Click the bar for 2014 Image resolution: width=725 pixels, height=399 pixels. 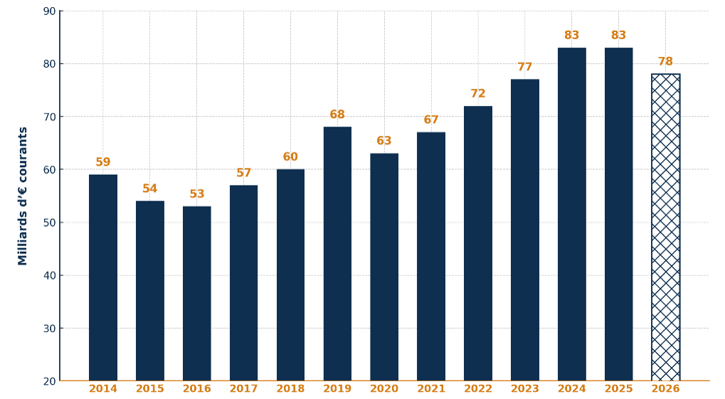pos(103,277)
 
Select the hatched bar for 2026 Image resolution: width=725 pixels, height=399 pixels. pos(665,228)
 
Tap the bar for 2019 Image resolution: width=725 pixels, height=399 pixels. pos(337,254)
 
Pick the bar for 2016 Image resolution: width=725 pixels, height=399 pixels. pos(196,293)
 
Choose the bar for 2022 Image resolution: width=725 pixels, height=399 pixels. pos(478,243)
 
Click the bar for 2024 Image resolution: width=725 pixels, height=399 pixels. pos(572,214)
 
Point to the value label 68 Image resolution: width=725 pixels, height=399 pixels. pos(337,115)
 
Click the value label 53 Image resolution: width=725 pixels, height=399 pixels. pos(196,194)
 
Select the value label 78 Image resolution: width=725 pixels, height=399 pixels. pos(665,62)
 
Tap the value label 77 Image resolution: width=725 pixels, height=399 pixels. pos(525,68)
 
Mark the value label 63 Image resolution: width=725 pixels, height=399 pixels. pos(384,141)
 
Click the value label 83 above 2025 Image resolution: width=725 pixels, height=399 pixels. pos(618,36)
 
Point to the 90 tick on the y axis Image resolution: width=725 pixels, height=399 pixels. pos(49,11)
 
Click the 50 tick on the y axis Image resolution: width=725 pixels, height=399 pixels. pos(49,223)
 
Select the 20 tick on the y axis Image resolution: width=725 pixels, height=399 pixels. pos(49,381)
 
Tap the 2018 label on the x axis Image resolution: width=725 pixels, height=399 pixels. pos(290,389)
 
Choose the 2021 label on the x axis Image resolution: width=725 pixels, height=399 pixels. pos(431,389)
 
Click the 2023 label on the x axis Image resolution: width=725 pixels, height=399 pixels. pos(525,389)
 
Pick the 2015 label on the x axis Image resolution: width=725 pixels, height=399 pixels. pos(150,389)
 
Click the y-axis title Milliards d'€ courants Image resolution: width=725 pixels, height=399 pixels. pos(23,196)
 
